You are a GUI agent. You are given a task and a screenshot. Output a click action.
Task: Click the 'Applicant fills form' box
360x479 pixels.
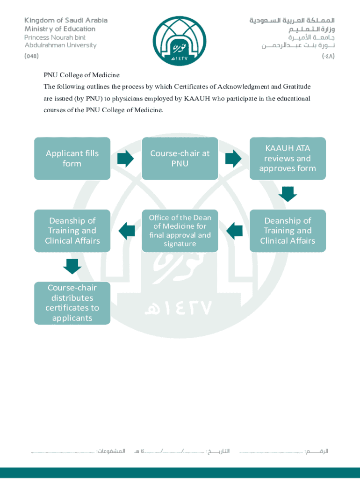pos(72,159)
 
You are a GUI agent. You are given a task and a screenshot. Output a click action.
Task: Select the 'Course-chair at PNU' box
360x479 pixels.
pos(180,159)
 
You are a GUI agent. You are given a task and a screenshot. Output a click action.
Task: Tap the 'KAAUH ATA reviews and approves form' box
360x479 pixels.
pos(288,159)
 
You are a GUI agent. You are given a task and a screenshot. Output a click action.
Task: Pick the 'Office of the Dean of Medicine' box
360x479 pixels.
pos(180,231)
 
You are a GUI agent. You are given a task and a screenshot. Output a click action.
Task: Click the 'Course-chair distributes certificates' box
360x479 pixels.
pos(72,303)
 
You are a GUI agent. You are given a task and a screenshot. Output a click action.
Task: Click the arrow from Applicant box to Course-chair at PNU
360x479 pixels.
pos(125,159)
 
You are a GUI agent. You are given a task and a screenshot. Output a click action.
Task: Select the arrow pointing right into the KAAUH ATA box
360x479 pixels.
pos(233,159)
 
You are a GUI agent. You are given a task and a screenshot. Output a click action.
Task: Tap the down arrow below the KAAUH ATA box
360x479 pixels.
pos(288,194)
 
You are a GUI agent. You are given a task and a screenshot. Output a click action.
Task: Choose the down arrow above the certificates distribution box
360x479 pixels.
pos(72,266)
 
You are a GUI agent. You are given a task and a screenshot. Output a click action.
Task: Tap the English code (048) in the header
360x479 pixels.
pos(32,56)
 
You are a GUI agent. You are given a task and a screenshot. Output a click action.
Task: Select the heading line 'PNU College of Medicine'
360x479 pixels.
pos(82,75)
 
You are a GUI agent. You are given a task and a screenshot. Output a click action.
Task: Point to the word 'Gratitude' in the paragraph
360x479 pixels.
pos(297,87)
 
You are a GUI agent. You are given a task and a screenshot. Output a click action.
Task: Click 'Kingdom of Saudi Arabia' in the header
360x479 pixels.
pos(66,20)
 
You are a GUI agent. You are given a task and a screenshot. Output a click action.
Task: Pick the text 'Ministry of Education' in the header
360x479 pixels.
pos(60,29)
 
